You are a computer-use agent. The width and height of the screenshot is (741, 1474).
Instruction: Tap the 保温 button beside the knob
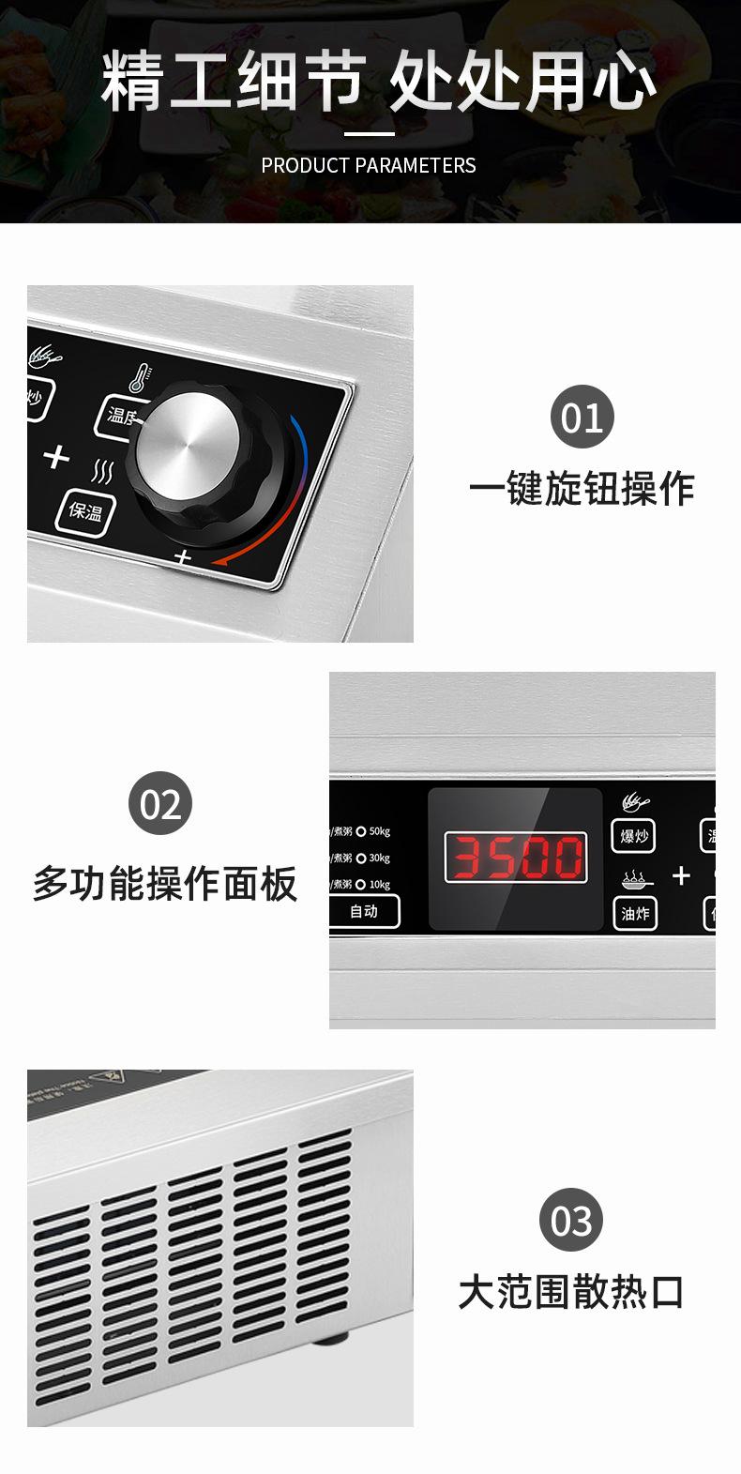click(84, 511)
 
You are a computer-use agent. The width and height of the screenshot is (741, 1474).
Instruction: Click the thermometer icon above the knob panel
click(139, 378)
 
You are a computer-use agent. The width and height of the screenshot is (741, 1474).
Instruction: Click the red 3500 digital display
click(515, 858)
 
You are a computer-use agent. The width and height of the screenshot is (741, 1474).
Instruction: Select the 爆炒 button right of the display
click(634, 835)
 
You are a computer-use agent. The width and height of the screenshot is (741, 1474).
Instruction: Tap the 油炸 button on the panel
click(634, 913)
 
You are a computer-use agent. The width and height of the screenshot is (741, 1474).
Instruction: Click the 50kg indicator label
click(378, 831)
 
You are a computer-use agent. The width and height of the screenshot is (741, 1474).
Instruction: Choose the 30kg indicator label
click(378, 858)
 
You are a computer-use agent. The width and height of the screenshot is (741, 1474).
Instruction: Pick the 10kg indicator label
click(378, 884)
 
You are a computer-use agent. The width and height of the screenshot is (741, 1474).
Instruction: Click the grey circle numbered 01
click(582, 417)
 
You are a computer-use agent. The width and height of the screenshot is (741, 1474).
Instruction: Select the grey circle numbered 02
click(159, 804)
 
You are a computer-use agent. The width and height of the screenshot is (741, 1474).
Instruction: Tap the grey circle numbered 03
click(570, 1221)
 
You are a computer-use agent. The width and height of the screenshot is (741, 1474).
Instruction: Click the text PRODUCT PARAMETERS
click(369, 166)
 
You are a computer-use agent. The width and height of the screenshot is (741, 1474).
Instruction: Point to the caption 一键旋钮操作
click(582, 489)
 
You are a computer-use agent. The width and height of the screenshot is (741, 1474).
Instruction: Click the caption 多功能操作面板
click(165, 884)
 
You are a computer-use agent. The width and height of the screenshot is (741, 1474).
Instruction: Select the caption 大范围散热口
click(571, 1292)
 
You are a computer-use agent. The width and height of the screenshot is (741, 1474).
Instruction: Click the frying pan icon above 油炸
click(634, 880)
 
